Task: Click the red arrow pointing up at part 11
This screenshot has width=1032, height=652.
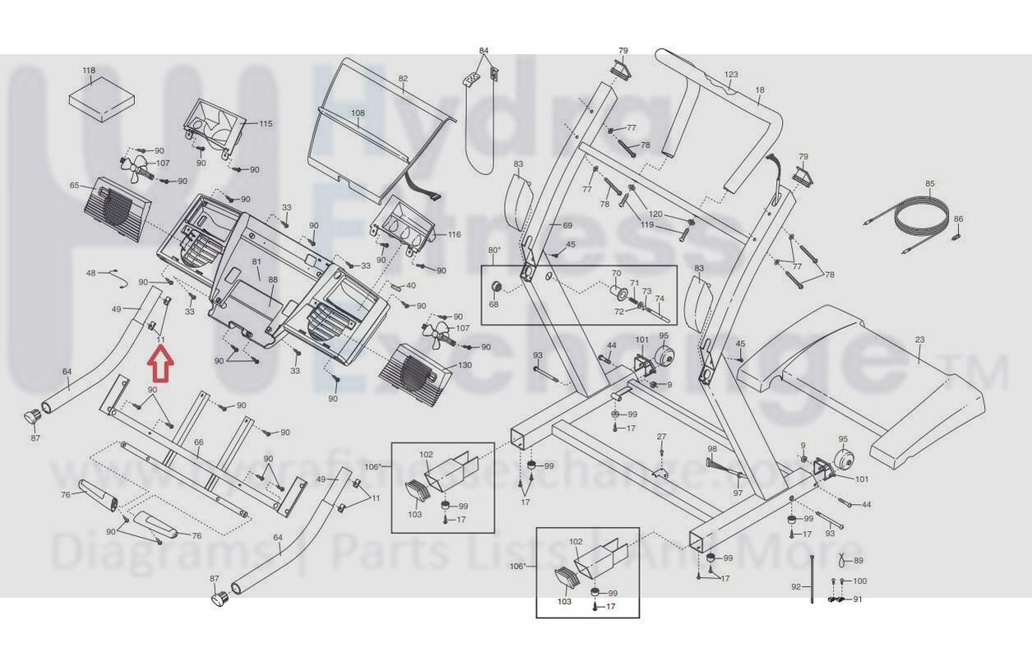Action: coord(160,365)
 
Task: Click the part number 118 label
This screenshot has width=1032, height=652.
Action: coord(89,72)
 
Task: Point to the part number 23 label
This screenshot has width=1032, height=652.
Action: coord(919,340)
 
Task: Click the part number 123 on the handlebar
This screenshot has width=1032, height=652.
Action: coord(731,75)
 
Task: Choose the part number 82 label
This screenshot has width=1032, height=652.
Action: coord(403,79)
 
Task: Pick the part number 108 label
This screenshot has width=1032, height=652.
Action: coord(358,113)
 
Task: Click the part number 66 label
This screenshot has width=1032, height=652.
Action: coord(198,442)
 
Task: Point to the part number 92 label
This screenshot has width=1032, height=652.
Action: coord(796,587)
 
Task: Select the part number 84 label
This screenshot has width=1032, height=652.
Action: coord(484,51)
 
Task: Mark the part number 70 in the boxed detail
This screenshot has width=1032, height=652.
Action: coord(616,273)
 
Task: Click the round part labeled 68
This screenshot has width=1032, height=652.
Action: coord(496,286)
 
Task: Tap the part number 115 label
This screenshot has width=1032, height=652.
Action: coord(266,123)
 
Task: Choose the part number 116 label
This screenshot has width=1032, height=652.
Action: coord(454,235)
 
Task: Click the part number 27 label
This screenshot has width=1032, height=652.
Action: coord(661,437)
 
